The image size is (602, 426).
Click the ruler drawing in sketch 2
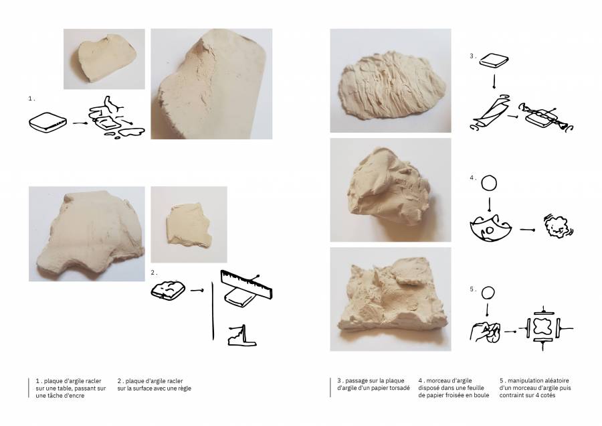click(x=246, y=284)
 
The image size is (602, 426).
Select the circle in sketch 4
click(x=489, y=184)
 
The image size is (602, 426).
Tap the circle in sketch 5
click(x=488, y=293)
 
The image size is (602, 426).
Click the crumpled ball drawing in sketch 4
click(x=558, y=226)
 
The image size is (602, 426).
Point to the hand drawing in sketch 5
click(x=486, y=332)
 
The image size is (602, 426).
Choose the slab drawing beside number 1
click(x=47, y=123)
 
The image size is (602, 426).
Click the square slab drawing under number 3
click(x=494, y=61)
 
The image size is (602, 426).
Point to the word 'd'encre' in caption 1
click(x=74, y=395)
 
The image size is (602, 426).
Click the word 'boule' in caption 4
click(x=481, y=395)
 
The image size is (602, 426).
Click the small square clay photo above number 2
click(x=189, y=224)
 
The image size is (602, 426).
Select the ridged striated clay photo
click(x=391, y=80)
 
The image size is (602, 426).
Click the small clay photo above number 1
click(x=104, y=59)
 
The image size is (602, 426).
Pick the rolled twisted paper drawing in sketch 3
click(x=490, y=113)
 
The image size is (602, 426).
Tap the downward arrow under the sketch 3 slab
click(x=494, y=81)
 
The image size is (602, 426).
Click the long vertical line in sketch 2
click(x=213, y=311)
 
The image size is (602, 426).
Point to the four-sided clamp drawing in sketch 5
click(x=543, y=328)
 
